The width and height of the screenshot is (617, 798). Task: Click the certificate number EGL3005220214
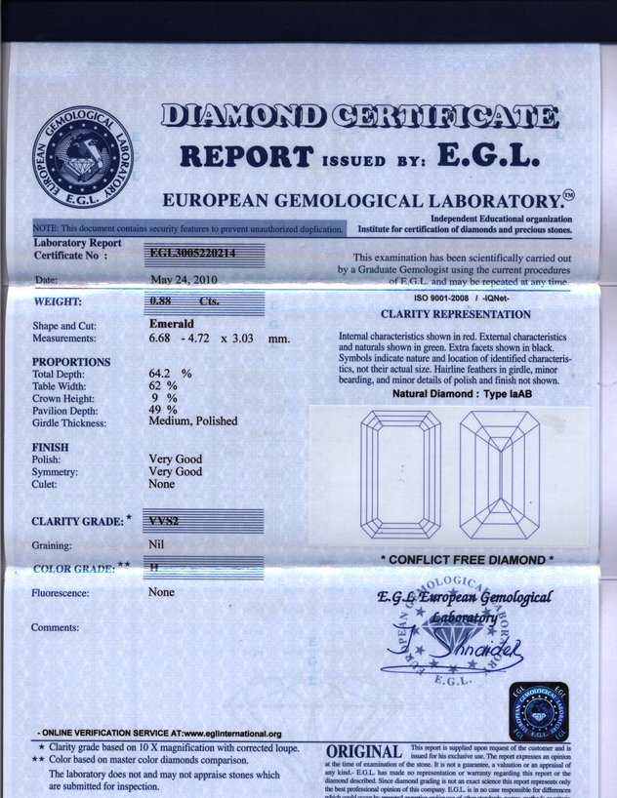pos(190,255)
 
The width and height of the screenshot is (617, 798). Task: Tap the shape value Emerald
pos(171,324)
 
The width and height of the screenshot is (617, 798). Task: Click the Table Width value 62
pos(156,386)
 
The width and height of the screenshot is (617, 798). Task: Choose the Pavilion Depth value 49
pos(156,410)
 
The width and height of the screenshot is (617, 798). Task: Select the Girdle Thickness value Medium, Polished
pos(193,422)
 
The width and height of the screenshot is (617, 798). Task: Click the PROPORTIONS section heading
pos(71,362)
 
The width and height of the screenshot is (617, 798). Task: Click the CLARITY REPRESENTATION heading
pos(455,315)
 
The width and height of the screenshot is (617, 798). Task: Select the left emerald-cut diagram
pos(400,475)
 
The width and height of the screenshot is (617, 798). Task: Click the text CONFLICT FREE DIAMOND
pos(467,560)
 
